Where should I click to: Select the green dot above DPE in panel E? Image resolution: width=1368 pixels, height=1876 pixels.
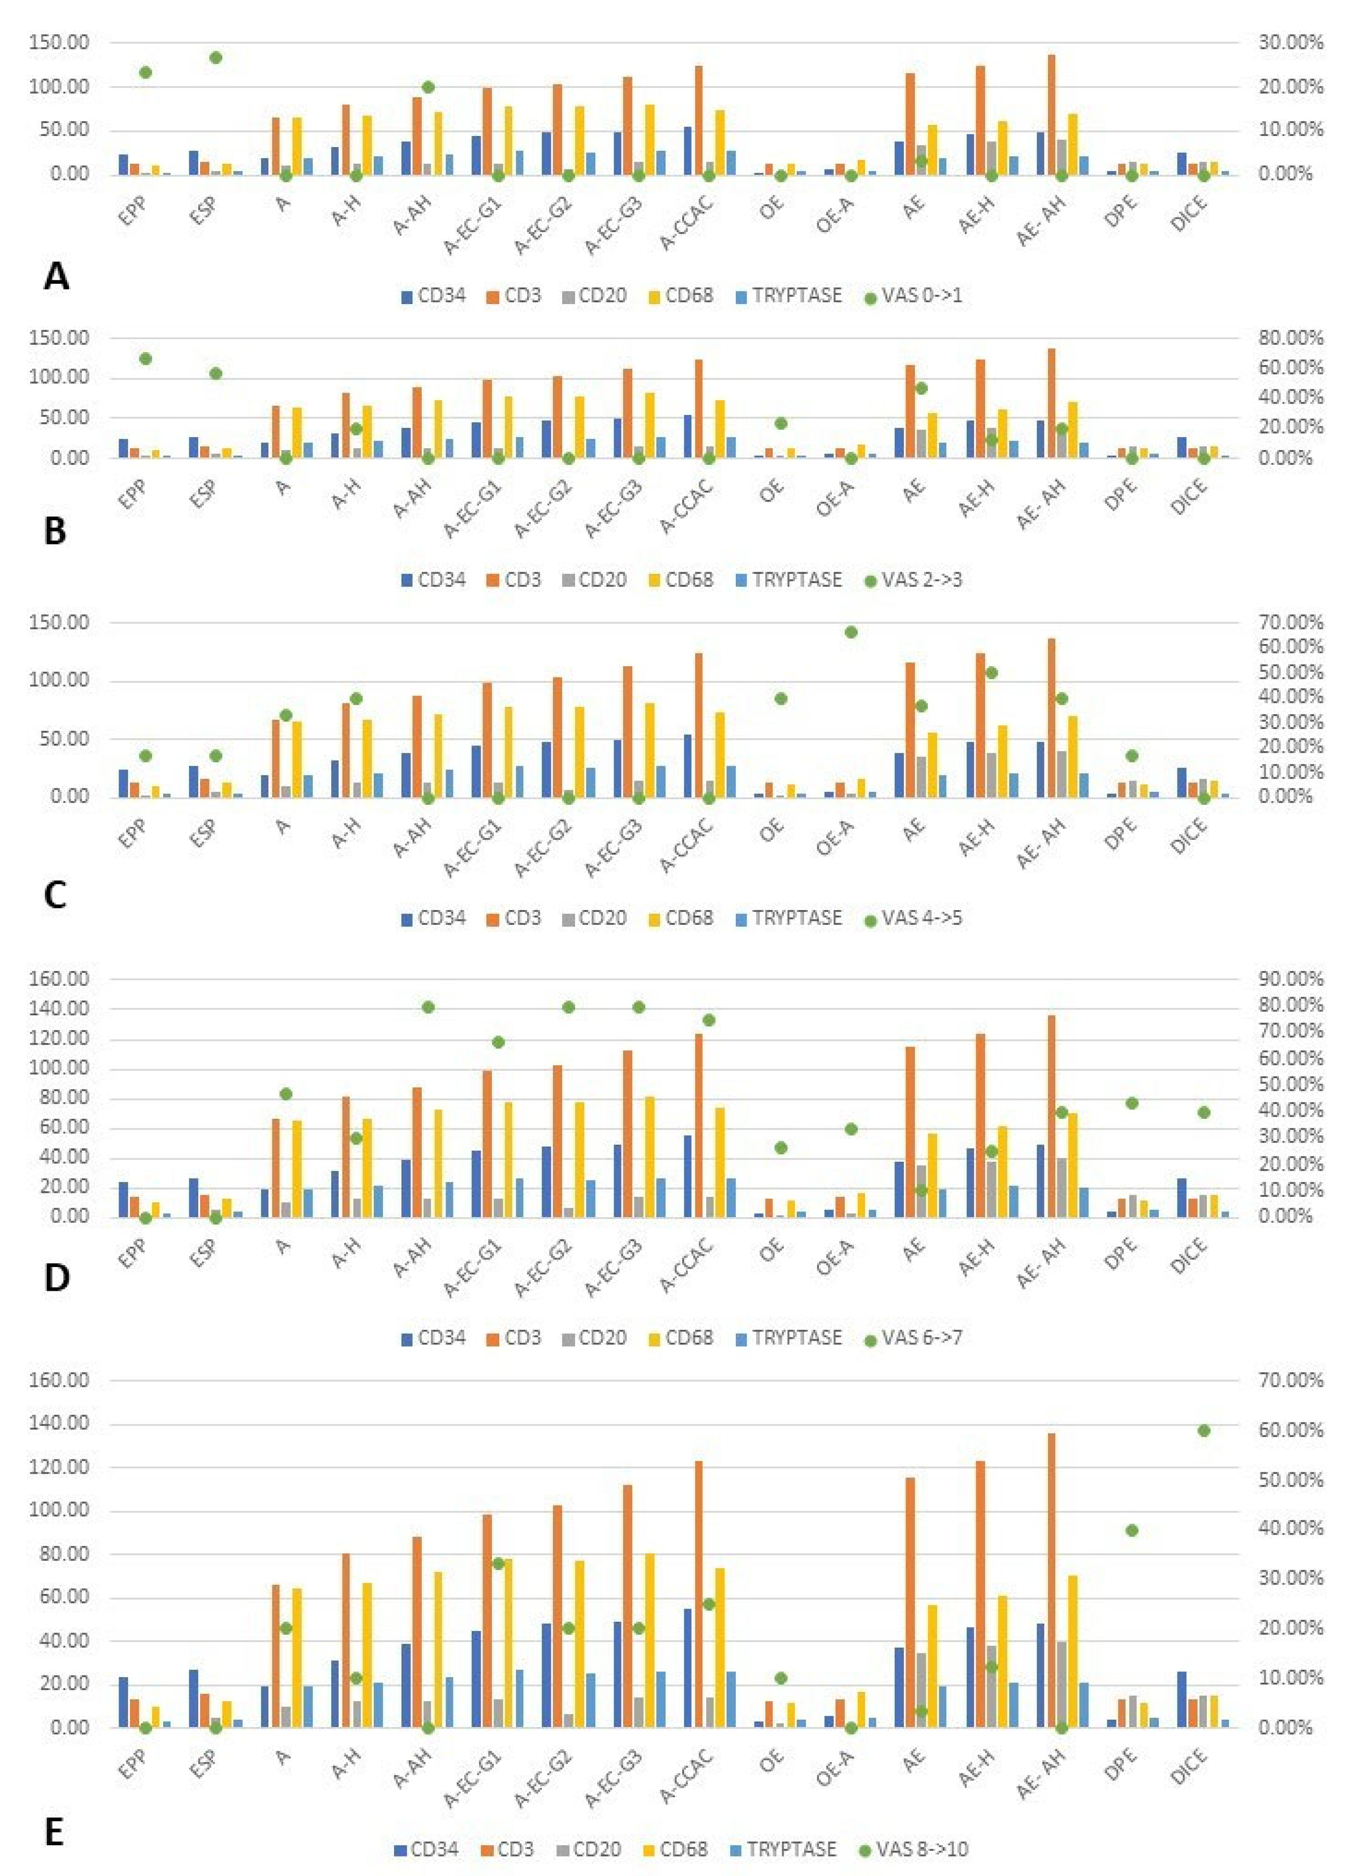[x=1132, y=1531]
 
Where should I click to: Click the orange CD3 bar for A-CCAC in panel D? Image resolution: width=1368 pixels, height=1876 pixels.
[x=698, y=1125]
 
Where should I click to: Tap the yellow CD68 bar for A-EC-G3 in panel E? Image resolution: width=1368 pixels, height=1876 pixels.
[x=649, y=1642]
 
